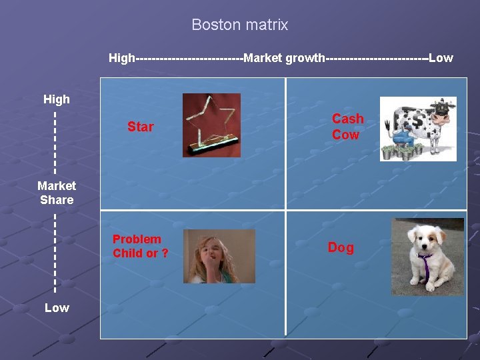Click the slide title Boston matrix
click(x=239, y=25)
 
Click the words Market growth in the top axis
click(x=284, y=58)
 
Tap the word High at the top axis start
click(x=121, y=58)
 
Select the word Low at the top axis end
click(x=441, y=58)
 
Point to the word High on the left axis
click(x=56, y=99)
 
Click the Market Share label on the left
click(x=57, y=193)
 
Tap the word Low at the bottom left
click(x=56, y=307)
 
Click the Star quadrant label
click(x=141, y=127)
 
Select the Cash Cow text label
click(x=348, y=127)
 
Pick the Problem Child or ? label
click(x=140, y=246)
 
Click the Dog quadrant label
click(x=341, y=247)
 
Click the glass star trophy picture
click(x=211, y=125)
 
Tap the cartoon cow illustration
click(x=418, y=129)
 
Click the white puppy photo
click(x=427, y=257)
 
